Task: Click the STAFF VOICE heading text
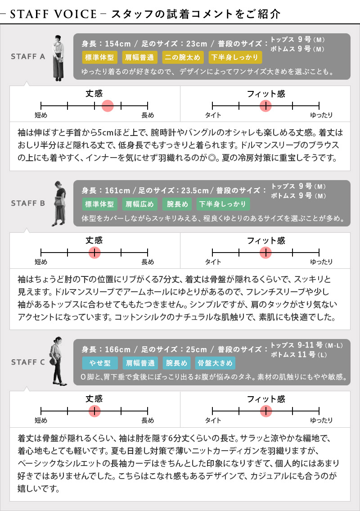tap(54, 14)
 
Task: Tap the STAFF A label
tap(28, 56)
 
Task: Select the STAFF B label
tap(28, 203)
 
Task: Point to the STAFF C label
tap(28, 362)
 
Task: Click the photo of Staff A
tap(58, 58)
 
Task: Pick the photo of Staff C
tap(58, 361)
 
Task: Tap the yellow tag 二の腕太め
tap(182, 57)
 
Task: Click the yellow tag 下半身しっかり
tap(234, 57)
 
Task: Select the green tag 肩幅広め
tap(140, 204)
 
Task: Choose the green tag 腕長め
tap(178, 204)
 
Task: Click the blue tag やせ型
tap(100, 363)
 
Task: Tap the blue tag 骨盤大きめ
tap(215, 363)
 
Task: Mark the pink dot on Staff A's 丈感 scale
tap(108, 106)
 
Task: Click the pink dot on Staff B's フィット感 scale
tap(266, 252)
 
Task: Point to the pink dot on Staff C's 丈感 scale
tap(94, 411)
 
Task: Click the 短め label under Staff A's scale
tap(41, 115)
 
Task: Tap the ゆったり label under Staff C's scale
tap(321, 421)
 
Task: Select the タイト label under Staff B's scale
tap(213, 262)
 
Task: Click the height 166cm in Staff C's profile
tap(117, 350)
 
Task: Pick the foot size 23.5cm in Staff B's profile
tap(195, 190)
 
